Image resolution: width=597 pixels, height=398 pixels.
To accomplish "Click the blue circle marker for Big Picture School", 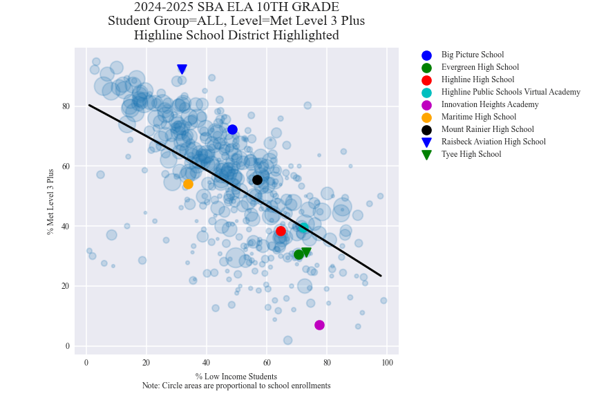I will [x=232, y=130].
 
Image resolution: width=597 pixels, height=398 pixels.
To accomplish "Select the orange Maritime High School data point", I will [x=188, y=184].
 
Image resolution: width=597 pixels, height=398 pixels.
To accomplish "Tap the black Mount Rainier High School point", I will [x=257, y=180].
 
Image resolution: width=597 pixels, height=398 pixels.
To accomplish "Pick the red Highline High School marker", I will [x=281, y=231].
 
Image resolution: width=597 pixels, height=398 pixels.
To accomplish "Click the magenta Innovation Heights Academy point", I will [x=319, y=325].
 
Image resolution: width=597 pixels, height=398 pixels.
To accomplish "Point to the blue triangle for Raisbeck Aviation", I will [x=182, y=69].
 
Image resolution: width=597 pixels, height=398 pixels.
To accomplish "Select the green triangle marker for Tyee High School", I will [x=306, y=252].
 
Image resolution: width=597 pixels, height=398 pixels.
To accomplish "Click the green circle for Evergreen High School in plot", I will [x=298, y=254].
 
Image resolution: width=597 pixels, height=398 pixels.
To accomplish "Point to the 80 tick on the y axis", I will [x=65, y=106].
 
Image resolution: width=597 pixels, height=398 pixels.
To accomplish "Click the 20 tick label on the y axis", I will [x=65, y=286].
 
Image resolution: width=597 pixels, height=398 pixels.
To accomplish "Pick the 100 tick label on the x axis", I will [x=388, y=363].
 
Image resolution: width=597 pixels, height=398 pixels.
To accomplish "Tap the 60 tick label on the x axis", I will [x=267, y=363].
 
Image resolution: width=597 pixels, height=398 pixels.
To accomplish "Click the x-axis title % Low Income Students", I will [x=236, y=377].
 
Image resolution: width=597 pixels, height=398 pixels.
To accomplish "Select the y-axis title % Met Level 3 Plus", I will [x=50, y=201].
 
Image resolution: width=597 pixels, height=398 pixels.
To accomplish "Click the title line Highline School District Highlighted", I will [x=236, y=35].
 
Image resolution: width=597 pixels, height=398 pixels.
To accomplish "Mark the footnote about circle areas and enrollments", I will [x=236, y=386].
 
